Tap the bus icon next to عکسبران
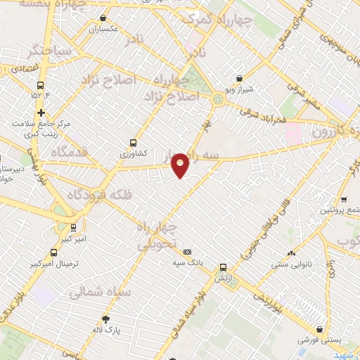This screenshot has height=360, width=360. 105,18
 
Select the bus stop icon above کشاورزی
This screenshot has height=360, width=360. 134,142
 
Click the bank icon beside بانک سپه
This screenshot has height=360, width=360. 187,252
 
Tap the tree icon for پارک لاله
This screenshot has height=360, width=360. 106,318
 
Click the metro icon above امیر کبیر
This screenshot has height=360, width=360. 73,227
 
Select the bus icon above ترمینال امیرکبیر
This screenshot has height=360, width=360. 54,252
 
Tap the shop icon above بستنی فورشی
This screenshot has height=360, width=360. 321,328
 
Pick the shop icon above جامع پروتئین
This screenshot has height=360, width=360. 344,199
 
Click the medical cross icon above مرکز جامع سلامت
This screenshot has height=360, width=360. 41,112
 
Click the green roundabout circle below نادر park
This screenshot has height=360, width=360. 218,100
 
